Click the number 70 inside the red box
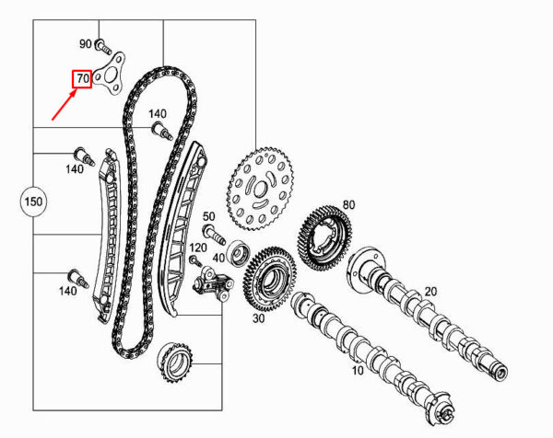click(x=82, y=80)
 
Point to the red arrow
click(x=65, y=103)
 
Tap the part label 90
click(x=86, y=44)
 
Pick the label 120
click(x=198, y=248)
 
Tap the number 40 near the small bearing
click(x=218, y=259)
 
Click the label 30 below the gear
click(x=258, y=317)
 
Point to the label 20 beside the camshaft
click(x=429, y=291)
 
